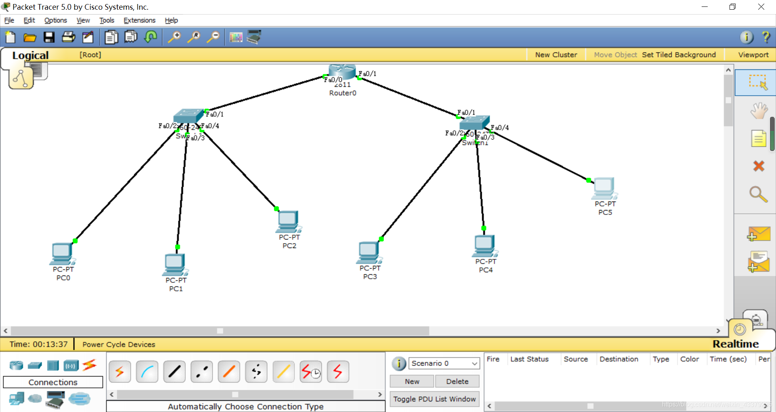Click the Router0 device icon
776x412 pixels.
[x=342, y=72]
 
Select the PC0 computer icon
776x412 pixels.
[x=62, y=254]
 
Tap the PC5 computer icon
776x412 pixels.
[x=604, y=188]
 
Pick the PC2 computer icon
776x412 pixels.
[x=288, y=221]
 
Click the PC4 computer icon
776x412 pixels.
[x=485, y=246]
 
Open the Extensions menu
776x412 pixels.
[x=139, y=20]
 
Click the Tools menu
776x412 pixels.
[x=107, y=20]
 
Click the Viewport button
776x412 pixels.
[x=753, y=55]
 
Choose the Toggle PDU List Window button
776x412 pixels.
[x=434, y=399]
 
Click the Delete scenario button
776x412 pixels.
[x=457, y=381]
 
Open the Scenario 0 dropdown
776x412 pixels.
[x=444, y=363]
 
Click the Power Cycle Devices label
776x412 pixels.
[x=119, y=345]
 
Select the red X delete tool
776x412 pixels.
[x=759, y=166]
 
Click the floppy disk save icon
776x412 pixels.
[x=49, y=38]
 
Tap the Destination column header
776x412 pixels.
[x=619, y=359]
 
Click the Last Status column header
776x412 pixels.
[x=529, y=359]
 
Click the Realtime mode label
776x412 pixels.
[x=735, y=344]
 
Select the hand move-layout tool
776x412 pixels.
[x=759, y=111]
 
